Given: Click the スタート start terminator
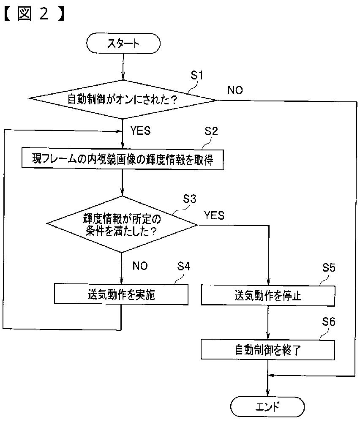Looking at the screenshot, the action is coord(123,44).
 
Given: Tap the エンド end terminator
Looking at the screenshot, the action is coord(267,407).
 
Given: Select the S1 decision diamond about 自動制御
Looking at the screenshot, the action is coord(123,99).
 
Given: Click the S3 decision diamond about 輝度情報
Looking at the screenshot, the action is coord(122,224).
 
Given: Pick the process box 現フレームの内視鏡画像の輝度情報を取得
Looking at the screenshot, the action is coord(123,159).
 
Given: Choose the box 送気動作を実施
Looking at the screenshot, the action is coord(121,294).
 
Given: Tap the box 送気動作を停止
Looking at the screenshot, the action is coord(268,296).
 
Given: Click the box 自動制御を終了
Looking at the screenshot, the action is coord(267,350).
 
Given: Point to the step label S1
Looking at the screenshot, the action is coord(197,75).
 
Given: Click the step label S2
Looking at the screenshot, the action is coord(211,131).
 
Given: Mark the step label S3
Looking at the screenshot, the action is coord(190,199).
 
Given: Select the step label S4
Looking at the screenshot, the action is coord(184,266).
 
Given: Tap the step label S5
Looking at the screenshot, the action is coord(329,267).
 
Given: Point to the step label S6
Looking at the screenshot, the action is coord(329,321).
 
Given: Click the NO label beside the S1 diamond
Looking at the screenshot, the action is coord(235,90).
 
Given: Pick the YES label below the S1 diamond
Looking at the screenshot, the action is coord(140,131).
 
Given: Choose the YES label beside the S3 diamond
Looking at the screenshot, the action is coord(214,215).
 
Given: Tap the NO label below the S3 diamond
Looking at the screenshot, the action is coord(140,266).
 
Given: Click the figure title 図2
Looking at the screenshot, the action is coord(34,14).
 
